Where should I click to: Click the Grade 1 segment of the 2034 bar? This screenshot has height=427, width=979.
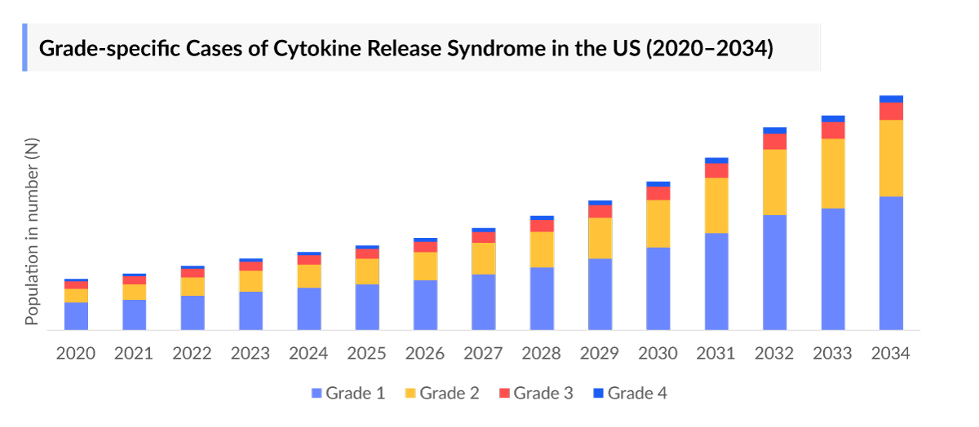coord(891,262)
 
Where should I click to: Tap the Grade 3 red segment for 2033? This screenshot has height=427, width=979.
coord(833,130)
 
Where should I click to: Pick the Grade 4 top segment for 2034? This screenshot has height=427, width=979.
coord(891,99)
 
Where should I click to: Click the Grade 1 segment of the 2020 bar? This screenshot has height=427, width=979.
coord(76,315)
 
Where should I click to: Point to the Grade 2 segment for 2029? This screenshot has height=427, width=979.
coord(600,238)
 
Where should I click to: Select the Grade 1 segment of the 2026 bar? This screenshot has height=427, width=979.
coord(425,305)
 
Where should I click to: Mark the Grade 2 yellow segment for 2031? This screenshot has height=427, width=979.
coord(716,205)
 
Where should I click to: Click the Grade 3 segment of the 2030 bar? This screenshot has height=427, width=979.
coord(658,193)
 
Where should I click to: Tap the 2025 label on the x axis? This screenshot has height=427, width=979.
coord(367,354)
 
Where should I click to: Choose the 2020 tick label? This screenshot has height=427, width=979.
coord(76,354)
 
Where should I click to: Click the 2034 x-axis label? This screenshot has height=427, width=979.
coord(891,354)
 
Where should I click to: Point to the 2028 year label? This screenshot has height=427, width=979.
coord(542,354)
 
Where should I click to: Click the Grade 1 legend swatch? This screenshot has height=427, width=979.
coord(317,394)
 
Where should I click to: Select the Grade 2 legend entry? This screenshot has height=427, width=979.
coord(441,394)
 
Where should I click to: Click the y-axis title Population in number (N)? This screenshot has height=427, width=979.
coord(32,232)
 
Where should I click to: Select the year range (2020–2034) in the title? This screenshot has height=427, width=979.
coord(709,48)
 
